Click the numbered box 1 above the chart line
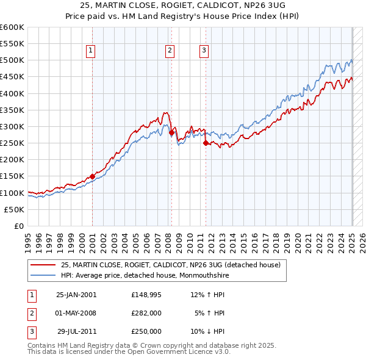click(x=90, y=51)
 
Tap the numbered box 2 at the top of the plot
click(x=169, y=51)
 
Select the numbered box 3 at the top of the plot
click(x=204, y=51)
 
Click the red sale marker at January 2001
click(x=92, y=176)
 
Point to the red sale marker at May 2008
click(x=171, y=132)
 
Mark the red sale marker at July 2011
click(x=206, y=143)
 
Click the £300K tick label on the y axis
click(x=12, y=126)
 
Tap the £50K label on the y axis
click(x=15, y=209)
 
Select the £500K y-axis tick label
click(x=12, y=60)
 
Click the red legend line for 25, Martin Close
click(x=43, y=265)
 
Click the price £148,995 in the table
click(x=146, y=295)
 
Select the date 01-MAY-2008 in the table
click(x=76, y=313)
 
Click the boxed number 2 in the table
click(x=32, y=313)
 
